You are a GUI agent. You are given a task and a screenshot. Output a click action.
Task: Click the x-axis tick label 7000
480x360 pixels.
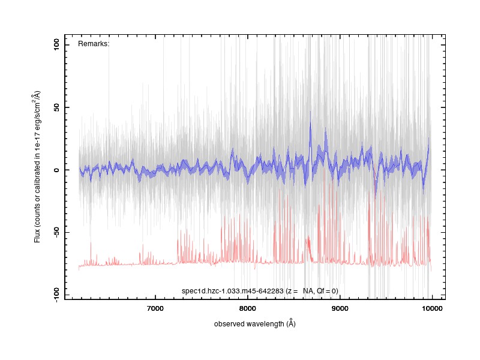coord(155,308)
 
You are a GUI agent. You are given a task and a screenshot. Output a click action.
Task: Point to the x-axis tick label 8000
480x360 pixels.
coord(247,308)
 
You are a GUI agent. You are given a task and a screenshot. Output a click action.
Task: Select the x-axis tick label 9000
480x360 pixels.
coord(340,308)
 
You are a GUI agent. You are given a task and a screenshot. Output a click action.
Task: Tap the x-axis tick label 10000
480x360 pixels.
coord(432,308)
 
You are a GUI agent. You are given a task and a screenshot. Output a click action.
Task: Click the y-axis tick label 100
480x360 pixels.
coord(56,45)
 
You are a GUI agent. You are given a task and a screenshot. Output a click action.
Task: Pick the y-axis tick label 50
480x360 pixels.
coord(56,107)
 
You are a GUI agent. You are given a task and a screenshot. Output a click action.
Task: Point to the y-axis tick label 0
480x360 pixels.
coord(56,170)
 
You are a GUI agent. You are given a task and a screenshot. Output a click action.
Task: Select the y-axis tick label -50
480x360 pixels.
coord(56,232)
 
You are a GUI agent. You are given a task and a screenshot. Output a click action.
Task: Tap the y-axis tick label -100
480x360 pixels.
coord(56,295)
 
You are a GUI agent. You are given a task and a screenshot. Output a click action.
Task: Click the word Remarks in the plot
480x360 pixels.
coord(93,44)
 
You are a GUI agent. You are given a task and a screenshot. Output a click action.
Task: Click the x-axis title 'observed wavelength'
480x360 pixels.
coord(249,324)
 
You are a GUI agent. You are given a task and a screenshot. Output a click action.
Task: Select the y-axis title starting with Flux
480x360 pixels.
coord(37,167)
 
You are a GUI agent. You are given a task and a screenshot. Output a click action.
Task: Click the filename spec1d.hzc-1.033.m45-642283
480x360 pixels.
coord(233,291)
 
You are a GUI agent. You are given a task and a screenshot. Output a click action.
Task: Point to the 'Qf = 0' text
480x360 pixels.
coord(326,291)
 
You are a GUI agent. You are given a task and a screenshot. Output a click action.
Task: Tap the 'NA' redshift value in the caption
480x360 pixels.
coord(308,291)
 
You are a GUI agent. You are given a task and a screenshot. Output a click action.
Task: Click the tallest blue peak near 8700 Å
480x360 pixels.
coord(310,112)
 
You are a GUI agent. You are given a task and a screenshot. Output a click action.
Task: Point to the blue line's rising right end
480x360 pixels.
coord(428,139)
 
